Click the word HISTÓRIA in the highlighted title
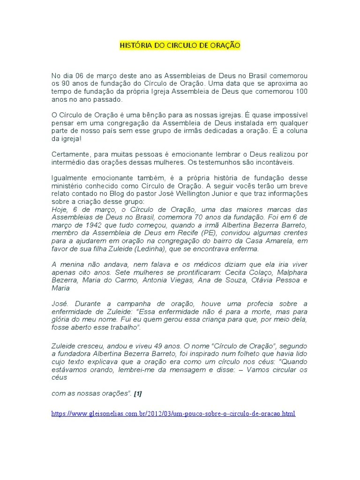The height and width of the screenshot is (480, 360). point(135,45)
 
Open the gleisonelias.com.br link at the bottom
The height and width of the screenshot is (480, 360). point(173,414)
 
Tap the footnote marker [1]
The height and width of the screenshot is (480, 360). point(137,394)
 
